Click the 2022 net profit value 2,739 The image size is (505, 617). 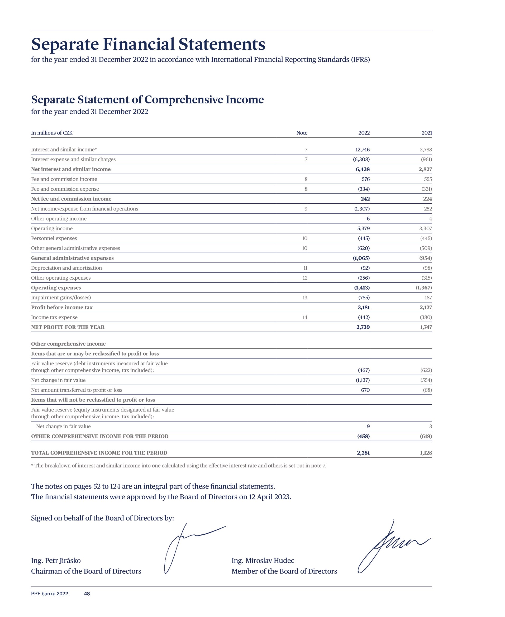tap(363, 327)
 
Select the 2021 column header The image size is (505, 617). tap(426, 133)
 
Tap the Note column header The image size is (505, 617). tap(302, 133)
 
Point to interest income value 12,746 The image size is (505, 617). tap(363, 150)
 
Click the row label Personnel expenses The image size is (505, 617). tap(54, 238)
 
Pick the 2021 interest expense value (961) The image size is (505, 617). tap(426, 159)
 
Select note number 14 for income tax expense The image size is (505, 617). tap(304, 317)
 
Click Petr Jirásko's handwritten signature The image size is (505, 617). tap(186, 547)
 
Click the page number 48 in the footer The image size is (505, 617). tap(87, 594)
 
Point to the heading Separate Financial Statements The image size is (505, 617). tap(148, 44)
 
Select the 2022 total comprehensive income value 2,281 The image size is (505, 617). tap(363, 453)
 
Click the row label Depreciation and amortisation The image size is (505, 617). tap(66, 268)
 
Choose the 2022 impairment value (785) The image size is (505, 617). tap(364, 298)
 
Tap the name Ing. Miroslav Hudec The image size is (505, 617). tap(263, 560)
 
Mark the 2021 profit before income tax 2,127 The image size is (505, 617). tap(425, 307)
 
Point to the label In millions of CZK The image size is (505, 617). tap(52, 133)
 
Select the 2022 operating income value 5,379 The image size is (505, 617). tap(363, 228)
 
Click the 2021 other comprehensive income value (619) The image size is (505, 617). tap(426, 436)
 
